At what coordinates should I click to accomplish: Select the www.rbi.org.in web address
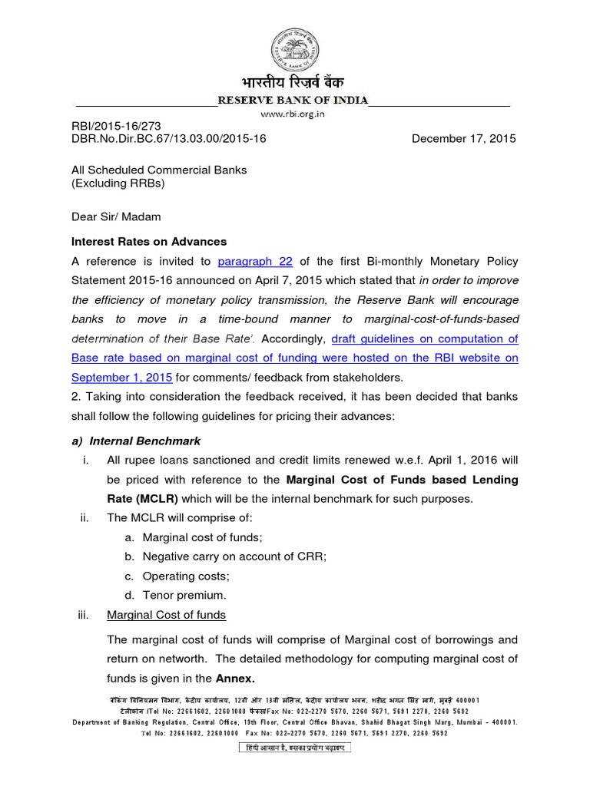293,114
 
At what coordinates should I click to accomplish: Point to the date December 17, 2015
464,139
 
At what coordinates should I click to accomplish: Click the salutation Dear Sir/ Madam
115,217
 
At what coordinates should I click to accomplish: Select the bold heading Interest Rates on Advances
149,242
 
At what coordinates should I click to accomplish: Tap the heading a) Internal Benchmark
136,441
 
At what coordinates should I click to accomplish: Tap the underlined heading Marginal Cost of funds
166,615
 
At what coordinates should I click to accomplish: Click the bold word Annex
235,679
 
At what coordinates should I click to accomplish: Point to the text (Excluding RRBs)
118,183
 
